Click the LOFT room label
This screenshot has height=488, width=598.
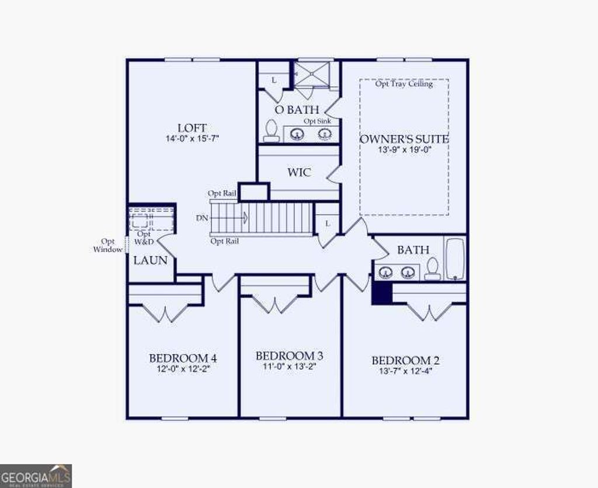[x=192, y=128]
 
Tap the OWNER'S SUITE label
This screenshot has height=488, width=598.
[x=404, y=139]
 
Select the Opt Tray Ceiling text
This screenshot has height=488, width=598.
[x=404, y=84]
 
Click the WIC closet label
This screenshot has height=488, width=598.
[x=298, y=173]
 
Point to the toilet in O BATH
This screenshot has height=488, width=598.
[x=271, y=131]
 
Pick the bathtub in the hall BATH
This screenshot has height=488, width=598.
[x=455, y=259]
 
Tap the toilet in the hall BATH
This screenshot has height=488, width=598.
[x=433, y=269]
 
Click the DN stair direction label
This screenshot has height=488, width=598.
[x=201, y=218]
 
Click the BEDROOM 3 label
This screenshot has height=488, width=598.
[x=290, y=356]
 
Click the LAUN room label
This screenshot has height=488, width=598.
[x=151, y=261]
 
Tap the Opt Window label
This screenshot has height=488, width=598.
[x=108, y=245]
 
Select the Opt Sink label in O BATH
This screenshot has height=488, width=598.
[x=317, y=121]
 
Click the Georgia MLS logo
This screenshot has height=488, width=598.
[x=36, y=476]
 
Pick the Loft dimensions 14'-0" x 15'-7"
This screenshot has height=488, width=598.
[x=192, y=139]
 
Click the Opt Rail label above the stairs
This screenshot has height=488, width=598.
[x=222, y=193]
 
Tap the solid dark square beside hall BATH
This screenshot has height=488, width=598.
[x=380, y=292]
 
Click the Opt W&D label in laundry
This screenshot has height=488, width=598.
[x=143, y=238]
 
